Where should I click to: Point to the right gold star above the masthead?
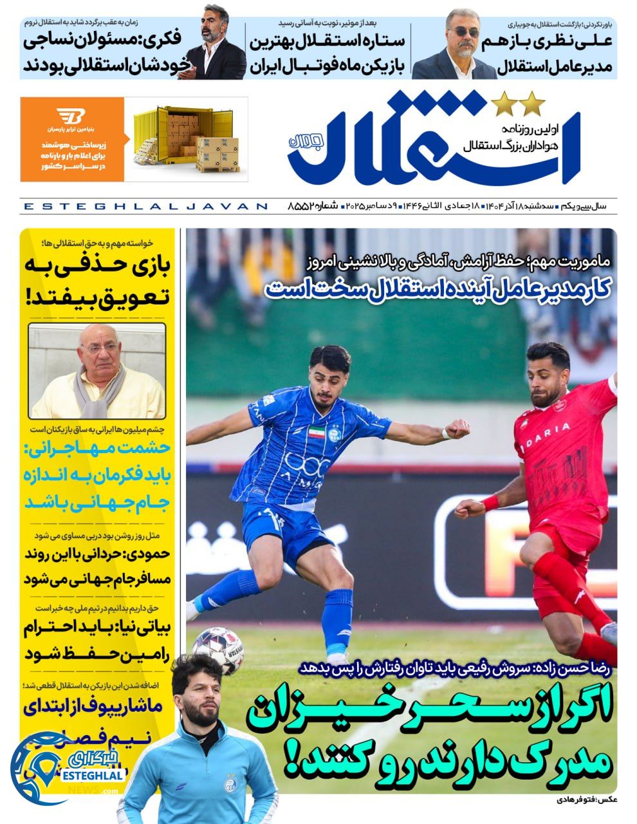pyautogui.click(x=533, y=102)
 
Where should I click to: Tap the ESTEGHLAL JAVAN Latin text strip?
pyautogui.click(x=145, y=207)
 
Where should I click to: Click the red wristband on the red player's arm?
pyautogui.click(x=490, y=502)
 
